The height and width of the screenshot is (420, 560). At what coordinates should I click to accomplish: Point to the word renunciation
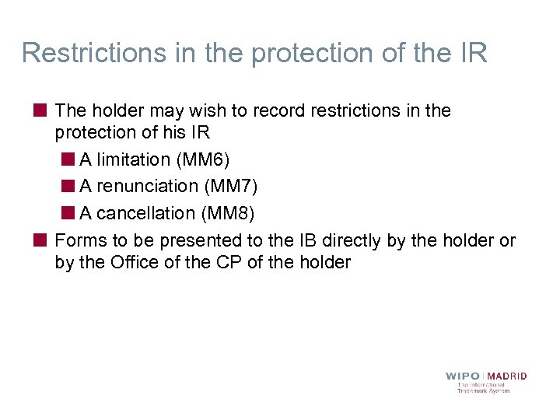(146, 187)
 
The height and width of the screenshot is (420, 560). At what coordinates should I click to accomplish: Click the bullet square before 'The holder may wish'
(39, 110)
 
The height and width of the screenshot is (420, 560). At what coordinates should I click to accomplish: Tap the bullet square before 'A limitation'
(68, 159)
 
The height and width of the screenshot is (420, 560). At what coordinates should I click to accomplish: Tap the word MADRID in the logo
(506, 376)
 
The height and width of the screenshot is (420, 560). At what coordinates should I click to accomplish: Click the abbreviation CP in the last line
(231, 263)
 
